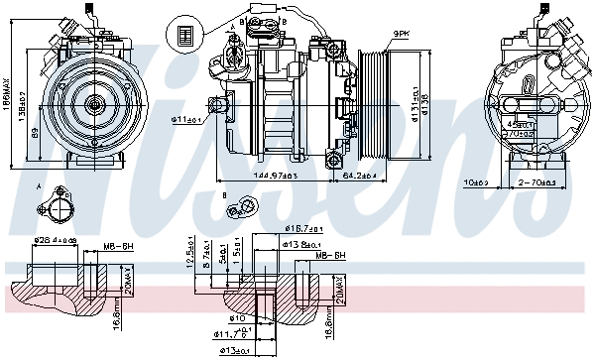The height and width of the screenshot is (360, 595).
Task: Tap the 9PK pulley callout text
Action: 400,33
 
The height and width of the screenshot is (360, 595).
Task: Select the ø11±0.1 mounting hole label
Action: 187,121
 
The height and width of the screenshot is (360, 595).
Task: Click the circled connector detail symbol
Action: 184,33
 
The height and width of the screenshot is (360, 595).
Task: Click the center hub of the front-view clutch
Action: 95,102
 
